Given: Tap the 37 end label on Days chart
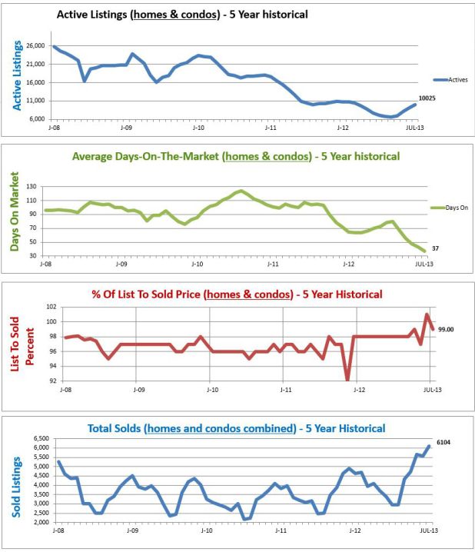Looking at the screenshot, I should (435, 248).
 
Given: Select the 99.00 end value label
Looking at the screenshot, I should (447, 329).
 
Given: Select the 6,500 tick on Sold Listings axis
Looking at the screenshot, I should (38, 439).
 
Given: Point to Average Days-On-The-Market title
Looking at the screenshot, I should (235, 156).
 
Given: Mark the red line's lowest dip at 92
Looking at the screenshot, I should (347, 379).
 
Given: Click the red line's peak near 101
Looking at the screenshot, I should (427, 314).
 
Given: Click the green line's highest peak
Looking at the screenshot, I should (241, 191).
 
